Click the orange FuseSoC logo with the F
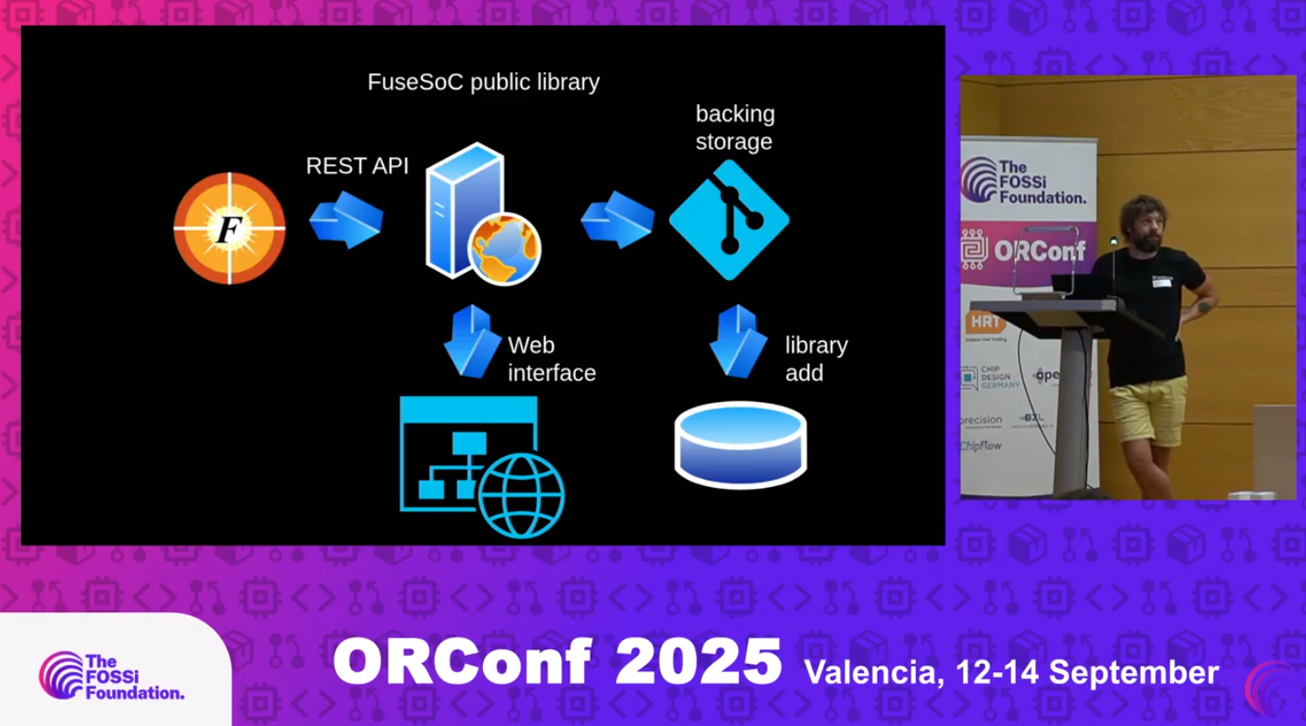tap(230, 228)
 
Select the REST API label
tap(356, 166)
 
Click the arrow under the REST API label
tap(346, 220)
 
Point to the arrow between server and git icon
tap(617, 220)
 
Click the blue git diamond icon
tap(729, 220)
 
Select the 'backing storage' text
tap(735, 128)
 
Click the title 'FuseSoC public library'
tap(483, 82)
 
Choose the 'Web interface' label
tap(551, 359)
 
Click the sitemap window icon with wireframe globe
tap(481, 466)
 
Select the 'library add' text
tap(816, 359)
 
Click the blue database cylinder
tap(740, 444)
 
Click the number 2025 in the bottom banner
tap(698, 662)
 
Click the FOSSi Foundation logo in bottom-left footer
tap(111, 676)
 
